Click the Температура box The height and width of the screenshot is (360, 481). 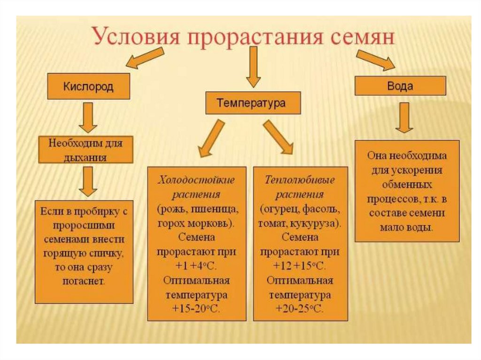(253, 103)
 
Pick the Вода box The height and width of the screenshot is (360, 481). (400, 86)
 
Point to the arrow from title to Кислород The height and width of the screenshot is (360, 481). (138, 60)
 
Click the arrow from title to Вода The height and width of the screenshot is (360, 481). (376, 60)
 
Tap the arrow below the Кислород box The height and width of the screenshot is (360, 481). (88, 117)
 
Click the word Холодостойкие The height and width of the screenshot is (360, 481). (196, 180)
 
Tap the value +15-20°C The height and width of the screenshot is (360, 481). (196, 308)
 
